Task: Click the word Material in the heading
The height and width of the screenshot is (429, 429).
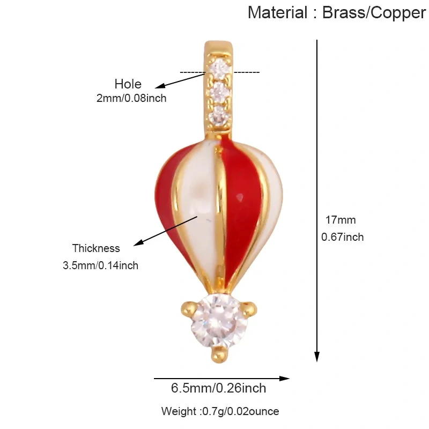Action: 278,12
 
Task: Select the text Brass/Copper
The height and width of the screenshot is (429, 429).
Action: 374,13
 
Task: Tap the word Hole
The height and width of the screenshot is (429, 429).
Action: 128,84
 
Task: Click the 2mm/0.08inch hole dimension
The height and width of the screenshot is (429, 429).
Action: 131,98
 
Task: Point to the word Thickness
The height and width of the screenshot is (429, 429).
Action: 96,248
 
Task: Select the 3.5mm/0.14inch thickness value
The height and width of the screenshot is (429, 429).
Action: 100,265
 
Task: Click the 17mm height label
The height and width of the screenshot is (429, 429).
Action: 341,220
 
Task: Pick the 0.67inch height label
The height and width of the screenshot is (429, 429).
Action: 342,237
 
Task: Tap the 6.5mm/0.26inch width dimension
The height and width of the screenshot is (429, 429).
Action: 218,388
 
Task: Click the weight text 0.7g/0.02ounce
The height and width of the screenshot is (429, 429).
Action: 240,411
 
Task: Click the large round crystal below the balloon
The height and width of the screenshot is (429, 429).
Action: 219,320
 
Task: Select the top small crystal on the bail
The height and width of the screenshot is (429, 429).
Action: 219,66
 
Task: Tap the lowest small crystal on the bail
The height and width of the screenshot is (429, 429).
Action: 218,115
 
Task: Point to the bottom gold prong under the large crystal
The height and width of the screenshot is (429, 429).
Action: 219,355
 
